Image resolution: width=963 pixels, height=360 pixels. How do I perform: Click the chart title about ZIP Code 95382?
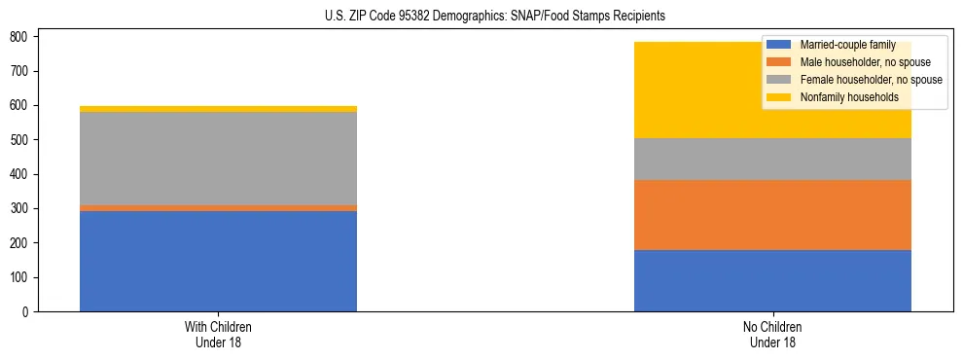point(482,17)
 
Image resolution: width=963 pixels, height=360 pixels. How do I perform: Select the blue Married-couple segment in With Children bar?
point(218,261)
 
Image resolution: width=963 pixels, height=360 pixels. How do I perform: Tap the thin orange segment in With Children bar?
point(218,208)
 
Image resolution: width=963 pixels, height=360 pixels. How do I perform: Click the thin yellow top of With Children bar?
point(218,109)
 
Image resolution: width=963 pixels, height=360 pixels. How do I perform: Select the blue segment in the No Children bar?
point(772,280)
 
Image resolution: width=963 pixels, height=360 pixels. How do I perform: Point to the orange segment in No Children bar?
point(772,215)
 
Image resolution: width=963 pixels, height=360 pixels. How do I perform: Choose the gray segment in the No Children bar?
point(772,159)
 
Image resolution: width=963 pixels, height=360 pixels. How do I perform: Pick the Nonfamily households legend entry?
point(841,97)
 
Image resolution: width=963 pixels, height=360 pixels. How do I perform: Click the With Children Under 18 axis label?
point(218,334)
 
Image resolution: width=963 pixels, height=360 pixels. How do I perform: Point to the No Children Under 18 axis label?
point(772,334)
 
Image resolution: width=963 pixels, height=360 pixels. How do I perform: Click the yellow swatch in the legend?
point(779,97)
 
